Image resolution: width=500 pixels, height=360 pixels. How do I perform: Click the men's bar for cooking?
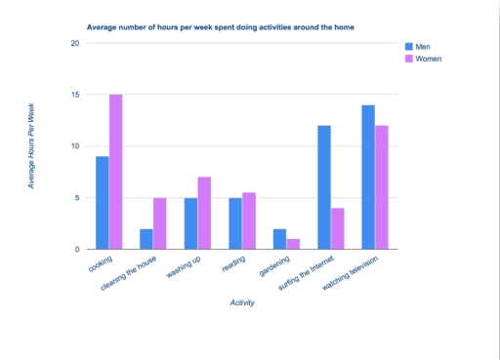tap(103, 203)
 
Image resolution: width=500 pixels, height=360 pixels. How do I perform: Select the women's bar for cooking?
tap(116, 172)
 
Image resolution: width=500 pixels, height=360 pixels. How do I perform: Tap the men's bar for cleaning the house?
tap(146, 239)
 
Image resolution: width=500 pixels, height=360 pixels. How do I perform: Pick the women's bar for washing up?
tap(204, 213)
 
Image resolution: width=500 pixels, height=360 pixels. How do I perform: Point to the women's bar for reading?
tap(249, 220)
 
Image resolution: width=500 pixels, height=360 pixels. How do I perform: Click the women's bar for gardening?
tap(293, 244)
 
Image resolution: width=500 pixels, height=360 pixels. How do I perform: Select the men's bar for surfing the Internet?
tap(323, 187)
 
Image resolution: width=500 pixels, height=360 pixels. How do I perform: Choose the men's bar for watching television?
tap(368, 177)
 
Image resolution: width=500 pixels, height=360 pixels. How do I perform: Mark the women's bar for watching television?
tap(382, 187)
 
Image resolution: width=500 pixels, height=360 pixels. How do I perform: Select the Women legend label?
tap(431, 60)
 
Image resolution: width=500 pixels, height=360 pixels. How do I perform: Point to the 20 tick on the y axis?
tap(75, 43)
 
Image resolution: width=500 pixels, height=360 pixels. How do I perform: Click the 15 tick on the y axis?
tap(75, 95)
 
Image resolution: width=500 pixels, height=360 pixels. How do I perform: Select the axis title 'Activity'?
tap(242, 302)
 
